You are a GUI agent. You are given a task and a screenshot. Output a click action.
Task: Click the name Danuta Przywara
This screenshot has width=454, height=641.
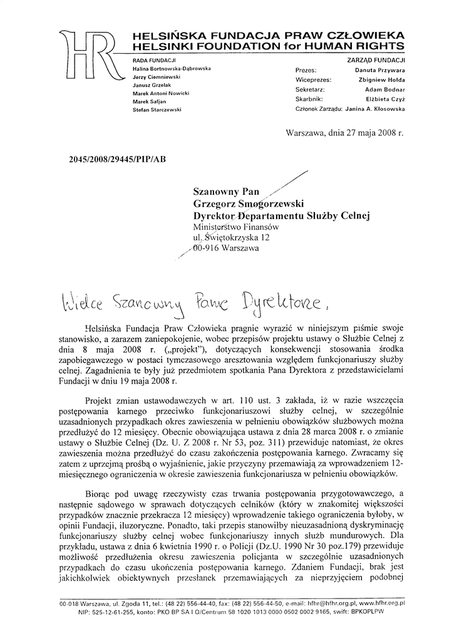380,71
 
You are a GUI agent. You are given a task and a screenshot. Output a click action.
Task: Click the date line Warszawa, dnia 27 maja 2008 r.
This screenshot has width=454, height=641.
344,133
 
